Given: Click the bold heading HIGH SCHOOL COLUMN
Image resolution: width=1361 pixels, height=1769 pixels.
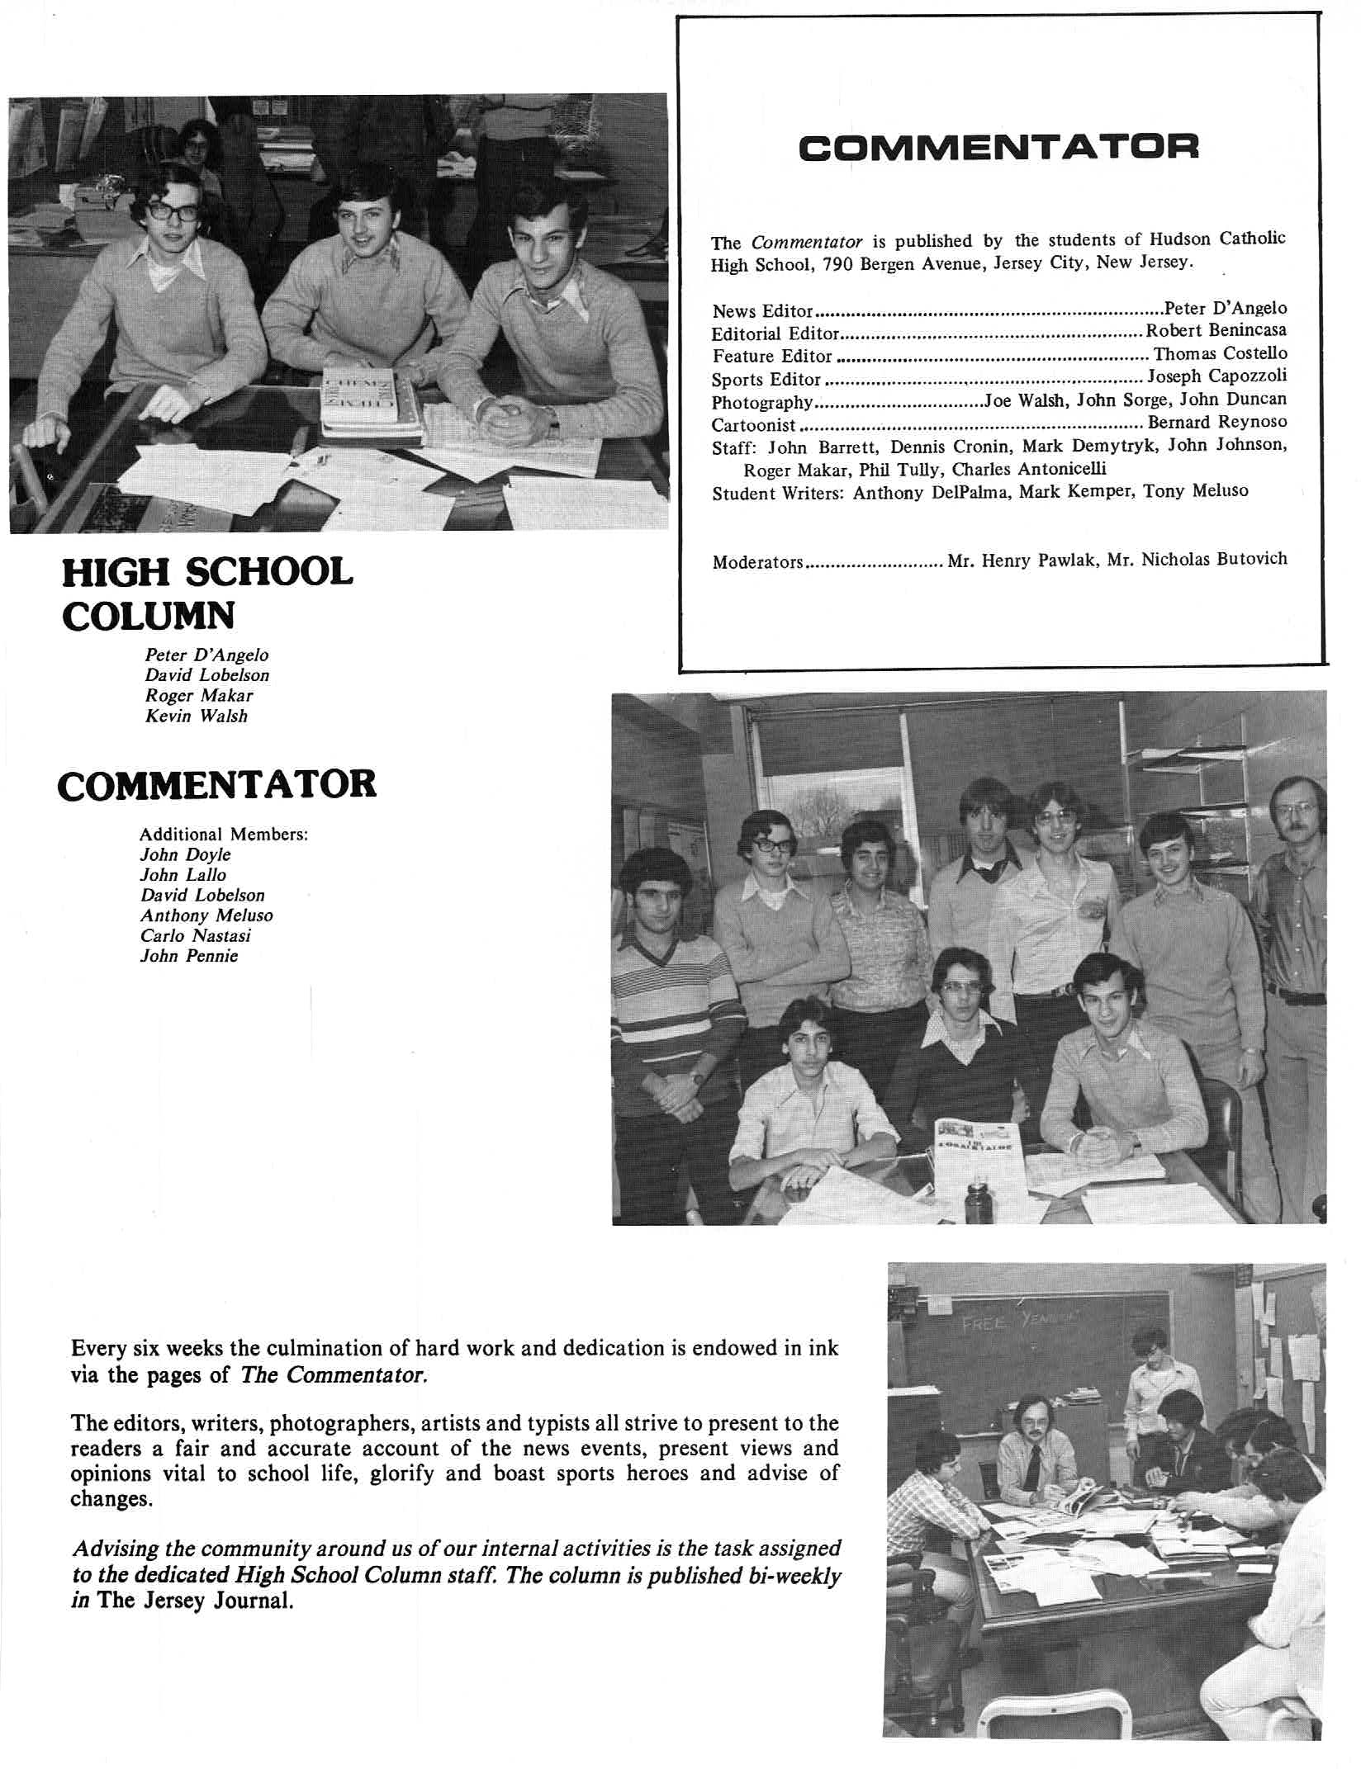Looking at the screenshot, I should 208,593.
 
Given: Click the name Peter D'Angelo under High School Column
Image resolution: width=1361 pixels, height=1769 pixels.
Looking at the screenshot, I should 206,655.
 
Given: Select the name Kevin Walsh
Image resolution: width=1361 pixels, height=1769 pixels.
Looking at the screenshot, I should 197,716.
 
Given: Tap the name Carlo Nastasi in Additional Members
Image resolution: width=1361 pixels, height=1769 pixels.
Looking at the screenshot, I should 195,935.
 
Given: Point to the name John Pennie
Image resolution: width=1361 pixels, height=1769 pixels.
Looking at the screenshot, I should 189,956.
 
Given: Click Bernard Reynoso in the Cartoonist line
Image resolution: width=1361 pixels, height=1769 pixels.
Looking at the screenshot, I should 1216,422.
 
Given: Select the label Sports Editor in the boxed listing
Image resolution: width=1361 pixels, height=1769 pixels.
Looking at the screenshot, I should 766,380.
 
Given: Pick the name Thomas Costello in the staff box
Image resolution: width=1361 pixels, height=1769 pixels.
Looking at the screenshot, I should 1220,354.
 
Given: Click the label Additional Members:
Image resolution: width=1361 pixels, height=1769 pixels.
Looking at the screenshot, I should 224,834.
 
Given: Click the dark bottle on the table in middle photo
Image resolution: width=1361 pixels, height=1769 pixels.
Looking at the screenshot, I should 979,1204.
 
